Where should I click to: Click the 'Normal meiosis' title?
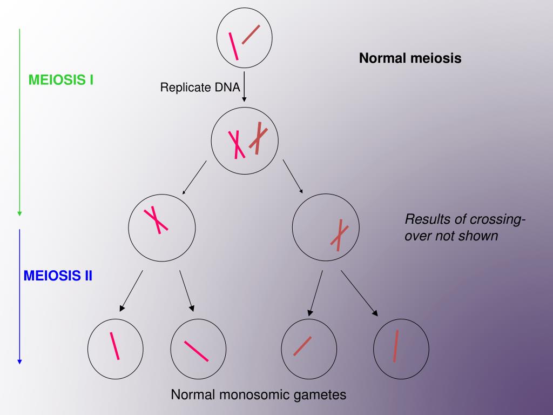[x=410, y=58]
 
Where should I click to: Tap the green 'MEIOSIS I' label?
[x=61, y=81]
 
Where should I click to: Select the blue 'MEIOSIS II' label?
[x=58, y=276]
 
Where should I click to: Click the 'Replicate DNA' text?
[x=200, y=87]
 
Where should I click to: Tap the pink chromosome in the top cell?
[x=234, y=46]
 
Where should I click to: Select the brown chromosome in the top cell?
[x=251, y=35]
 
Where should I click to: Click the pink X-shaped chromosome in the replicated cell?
[x=236, y=144]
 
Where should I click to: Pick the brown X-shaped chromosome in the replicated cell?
[x=258, y=138]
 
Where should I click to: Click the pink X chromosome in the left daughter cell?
[x=156, y=220]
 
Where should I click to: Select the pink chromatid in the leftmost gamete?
[x=114, y=345]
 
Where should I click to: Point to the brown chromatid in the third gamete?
[x=302, y=346]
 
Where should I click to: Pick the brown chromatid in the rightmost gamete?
[x=396, y=346]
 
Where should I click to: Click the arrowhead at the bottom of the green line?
[x=19, y=213]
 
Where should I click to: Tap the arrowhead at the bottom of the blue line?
[x=19, y=361]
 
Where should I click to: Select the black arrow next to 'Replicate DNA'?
[x=244, y=86]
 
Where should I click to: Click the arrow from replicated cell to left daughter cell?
[x=194, y=178]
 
